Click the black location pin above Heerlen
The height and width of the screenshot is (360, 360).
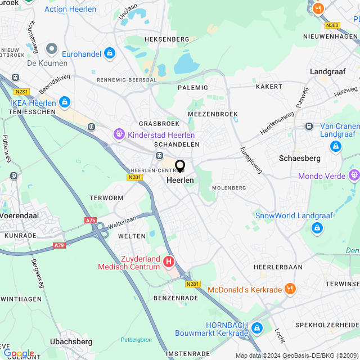pos(180,166)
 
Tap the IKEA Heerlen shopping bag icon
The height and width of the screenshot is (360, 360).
pos(65,102)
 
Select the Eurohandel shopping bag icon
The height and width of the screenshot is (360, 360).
pos(109,53)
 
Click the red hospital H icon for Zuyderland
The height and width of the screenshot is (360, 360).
pos(169,262)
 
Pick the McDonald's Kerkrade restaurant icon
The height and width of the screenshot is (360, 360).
pos(290,289)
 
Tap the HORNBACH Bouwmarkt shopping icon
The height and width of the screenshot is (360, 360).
pos(257,328)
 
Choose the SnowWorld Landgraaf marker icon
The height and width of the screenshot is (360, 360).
pos(317,228)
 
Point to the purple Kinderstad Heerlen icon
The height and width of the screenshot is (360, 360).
pos(119,134)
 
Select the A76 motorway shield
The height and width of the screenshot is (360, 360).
pos(91,220)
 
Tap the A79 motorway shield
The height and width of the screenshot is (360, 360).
pos(59,245)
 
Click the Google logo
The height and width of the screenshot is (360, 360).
pos(19,353)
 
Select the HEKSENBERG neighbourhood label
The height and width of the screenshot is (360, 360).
pos(166,39)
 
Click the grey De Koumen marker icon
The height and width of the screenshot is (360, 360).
pos(51,49)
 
